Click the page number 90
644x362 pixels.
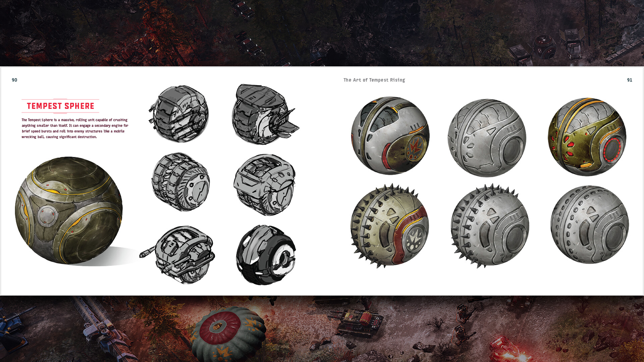14,80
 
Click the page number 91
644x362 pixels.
630,80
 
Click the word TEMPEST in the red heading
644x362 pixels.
44,106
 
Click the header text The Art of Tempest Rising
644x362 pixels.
374,80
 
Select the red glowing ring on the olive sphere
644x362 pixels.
612,150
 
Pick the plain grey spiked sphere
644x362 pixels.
489,226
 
